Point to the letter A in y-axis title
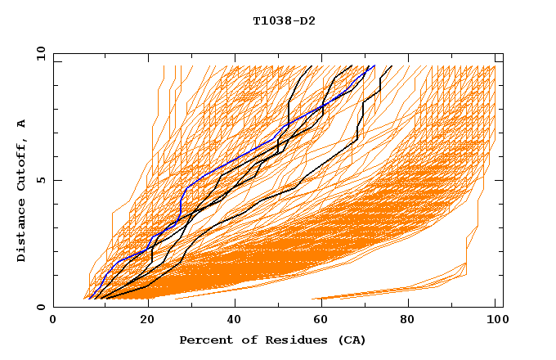pyautogui.click(x=21, y=124)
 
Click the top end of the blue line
pyautogui.click(x=374, y=66)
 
